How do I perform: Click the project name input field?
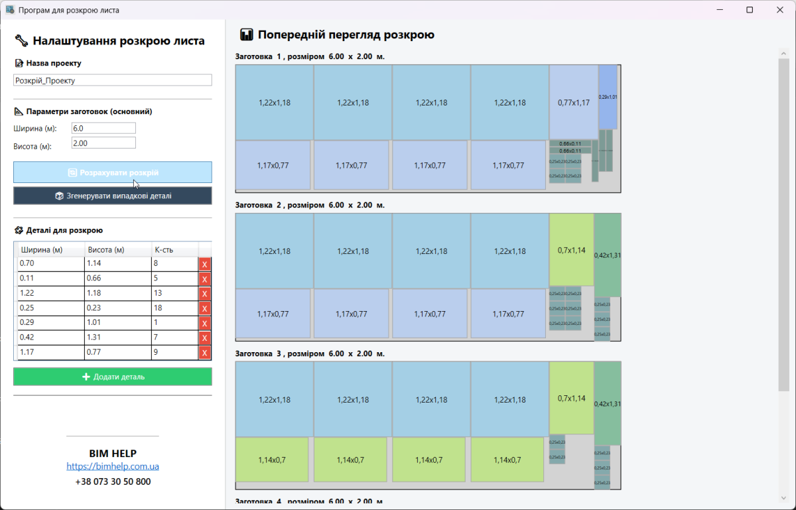pos(113,80)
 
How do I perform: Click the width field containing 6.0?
pos(103,128)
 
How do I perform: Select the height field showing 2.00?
pos(103,143)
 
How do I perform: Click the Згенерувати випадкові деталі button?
pos(113,196)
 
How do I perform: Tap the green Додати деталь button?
pos(113,377)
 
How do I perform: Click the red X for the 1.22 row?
pos(204,294)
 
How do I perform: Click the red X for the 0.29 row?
pos(204,323)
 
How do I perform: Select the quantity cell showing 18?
pos(174,308)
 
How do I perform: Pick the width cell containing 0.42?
pos(51,338)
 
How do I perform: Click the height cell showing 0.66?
pos(117,279)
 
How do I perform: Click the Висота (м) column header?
pos(106,250)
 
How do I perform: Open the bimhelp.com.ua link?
pos(113,466)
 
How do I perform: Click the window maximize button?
pos(750,10)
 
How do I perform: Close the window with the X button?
pos(780,10)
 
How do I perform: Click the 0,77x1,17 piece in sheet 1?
pos(574,102)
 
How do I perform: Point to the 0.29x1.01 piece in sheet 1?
pos(608,97)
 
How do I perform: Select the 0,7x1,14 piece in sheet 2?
pos(571,251)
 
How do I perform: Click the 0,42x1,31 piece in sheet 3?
pos(608,403)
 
